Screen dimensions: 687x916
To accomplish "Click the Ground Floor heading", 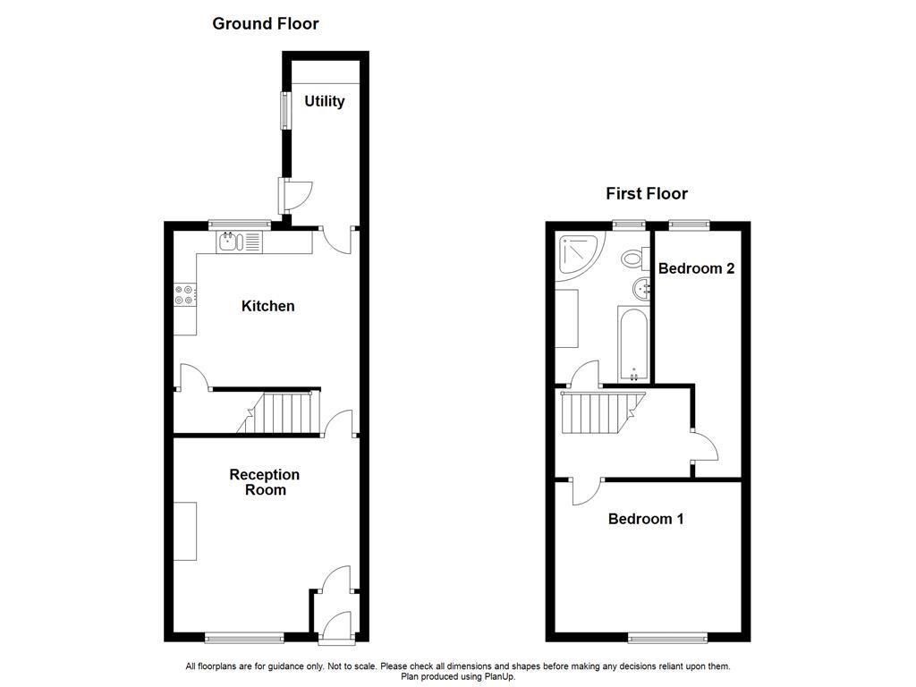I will tap(265, 24).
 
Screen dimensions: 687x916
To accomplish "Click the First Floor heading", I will tap(646, 193).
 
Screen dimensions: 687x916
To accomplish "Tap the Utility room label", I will tap(324, 101).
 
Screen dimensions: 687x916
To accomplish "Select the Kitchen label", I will tap(267, 306).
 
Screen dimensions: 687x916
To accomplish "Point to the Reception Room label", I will tap(265, 482).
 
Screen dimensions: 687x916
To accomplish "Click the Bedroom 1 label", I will tap(646, 519).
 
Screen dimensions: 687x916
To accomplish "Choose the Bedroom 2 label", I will tap(696, 268).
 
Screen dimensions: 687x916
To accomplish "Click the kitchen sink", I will tap(231, 242).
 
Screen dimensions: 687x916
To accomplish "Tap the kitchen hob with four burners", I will tap(185, 294).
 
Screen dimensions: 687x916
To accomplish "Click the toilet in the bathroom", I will tap(634, 259).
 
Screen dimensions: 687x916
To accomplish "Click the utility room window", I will tap(285, 110).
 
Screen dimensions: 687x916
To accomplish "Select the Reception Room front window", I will tap(244, 638).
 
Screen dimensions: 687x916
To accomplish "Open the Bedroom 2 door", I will tap(703, 446).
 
